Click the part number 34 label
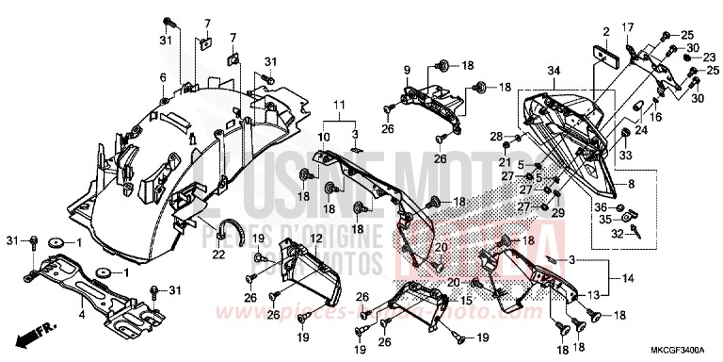click(553, 71)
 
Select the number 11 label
click(339, 104)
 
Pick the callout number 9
click(408, 71)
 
